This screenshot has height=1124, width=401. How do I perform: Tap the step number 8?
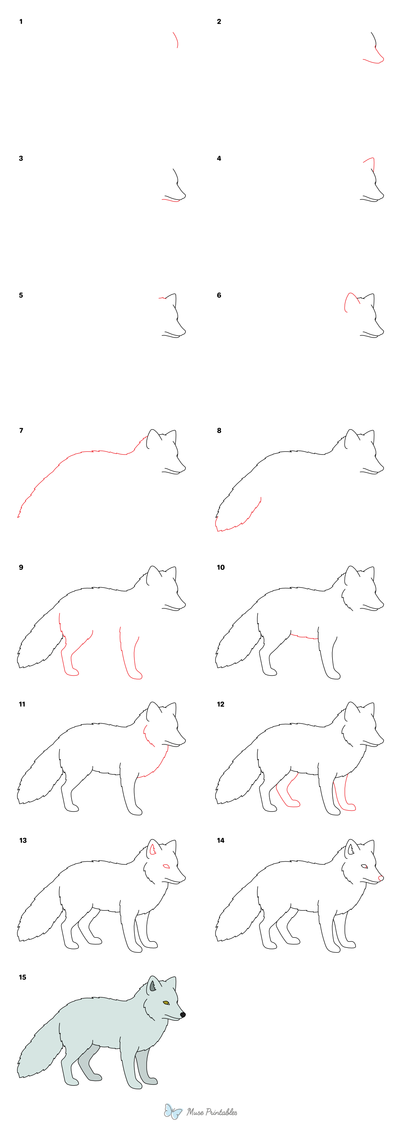(219, 430)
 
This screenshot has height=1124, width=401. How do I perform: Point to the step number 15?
(22, 977)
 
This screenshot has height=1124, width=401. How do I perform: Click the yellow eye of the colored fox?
(166, 1003)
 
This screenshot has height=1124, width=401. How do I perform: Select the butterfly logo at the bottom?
(173, 1111)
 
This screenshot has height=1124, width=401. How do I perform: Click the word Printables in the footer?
(218, 1111)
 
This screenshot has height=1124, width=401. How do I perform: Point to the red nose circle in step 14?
(381, 878)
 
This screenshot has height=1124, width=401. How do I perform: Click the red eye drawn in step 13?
(166, 866)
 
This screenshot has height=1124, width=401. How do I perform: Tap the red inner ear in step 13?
(153, 850)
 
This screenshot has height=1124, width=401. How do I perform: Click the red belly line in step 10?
(304, 637)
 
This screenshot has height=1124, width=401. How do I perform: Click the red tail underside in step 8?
(238, 524)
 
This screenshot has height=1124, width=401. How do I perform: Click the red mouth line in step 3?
(171, 200)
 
